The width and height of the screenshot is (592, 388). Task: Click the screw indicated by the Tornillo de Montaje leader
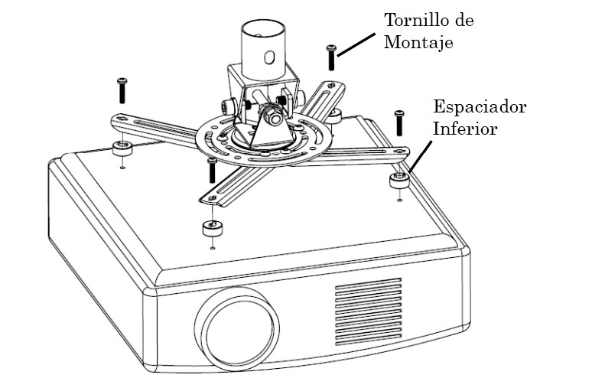tap(330, 57)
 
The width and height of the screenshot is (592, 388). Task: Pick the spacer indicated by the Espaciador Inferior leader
tap(397, 181)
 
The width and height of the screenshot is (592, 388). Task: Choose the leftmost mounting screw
tap(122, 90)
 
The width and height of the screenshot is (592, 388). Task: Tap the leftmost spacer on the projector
tap(122, 147)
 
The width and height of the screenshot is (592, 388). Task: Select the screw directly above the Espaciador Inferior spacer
tap(398, 122)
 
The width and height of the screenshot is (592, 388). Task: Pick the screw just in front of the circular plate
tap(212, 170)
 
